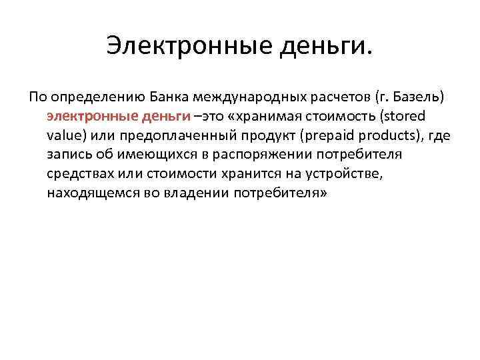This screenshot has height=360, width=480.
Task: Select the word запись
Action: [x=67, y=155]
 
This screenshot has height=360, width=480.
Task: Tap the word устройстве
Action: [x=341, y=174]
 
